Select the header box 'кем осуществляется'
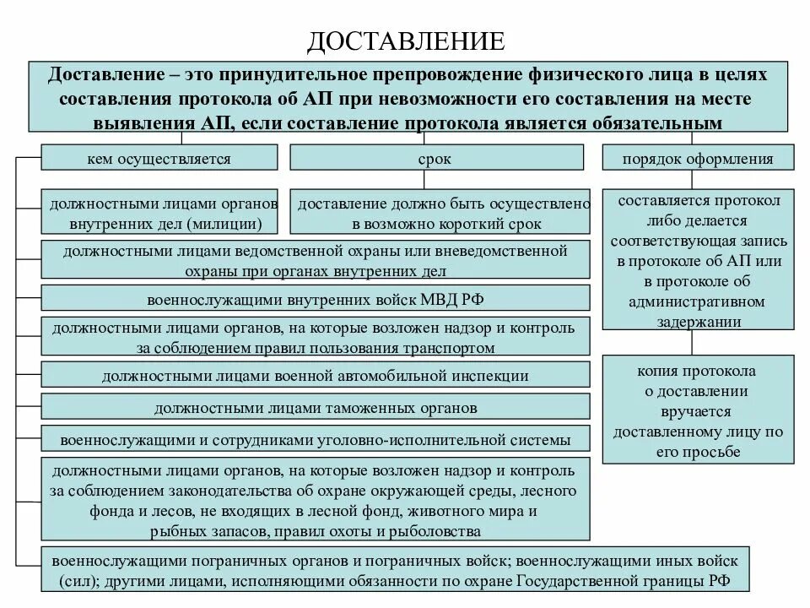click(159, 158)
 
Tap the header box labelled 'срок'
click(437, 158)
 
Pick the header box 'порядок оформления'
click(697, 158)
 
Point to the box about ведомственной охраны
click(315, 260)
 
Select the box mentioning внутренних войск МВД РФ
click(315, 300)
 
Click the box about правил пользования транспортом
click(315, 337)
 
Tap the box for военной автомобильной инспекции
click(315, 375)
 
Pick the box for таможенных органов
click(315, 408)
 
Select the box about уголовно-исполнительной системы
click(315, 440)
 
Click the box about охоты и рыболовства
click(315, 500)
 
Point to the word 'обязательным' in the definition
click(666, 123)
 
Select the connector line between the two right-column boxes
click(691, 343)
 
